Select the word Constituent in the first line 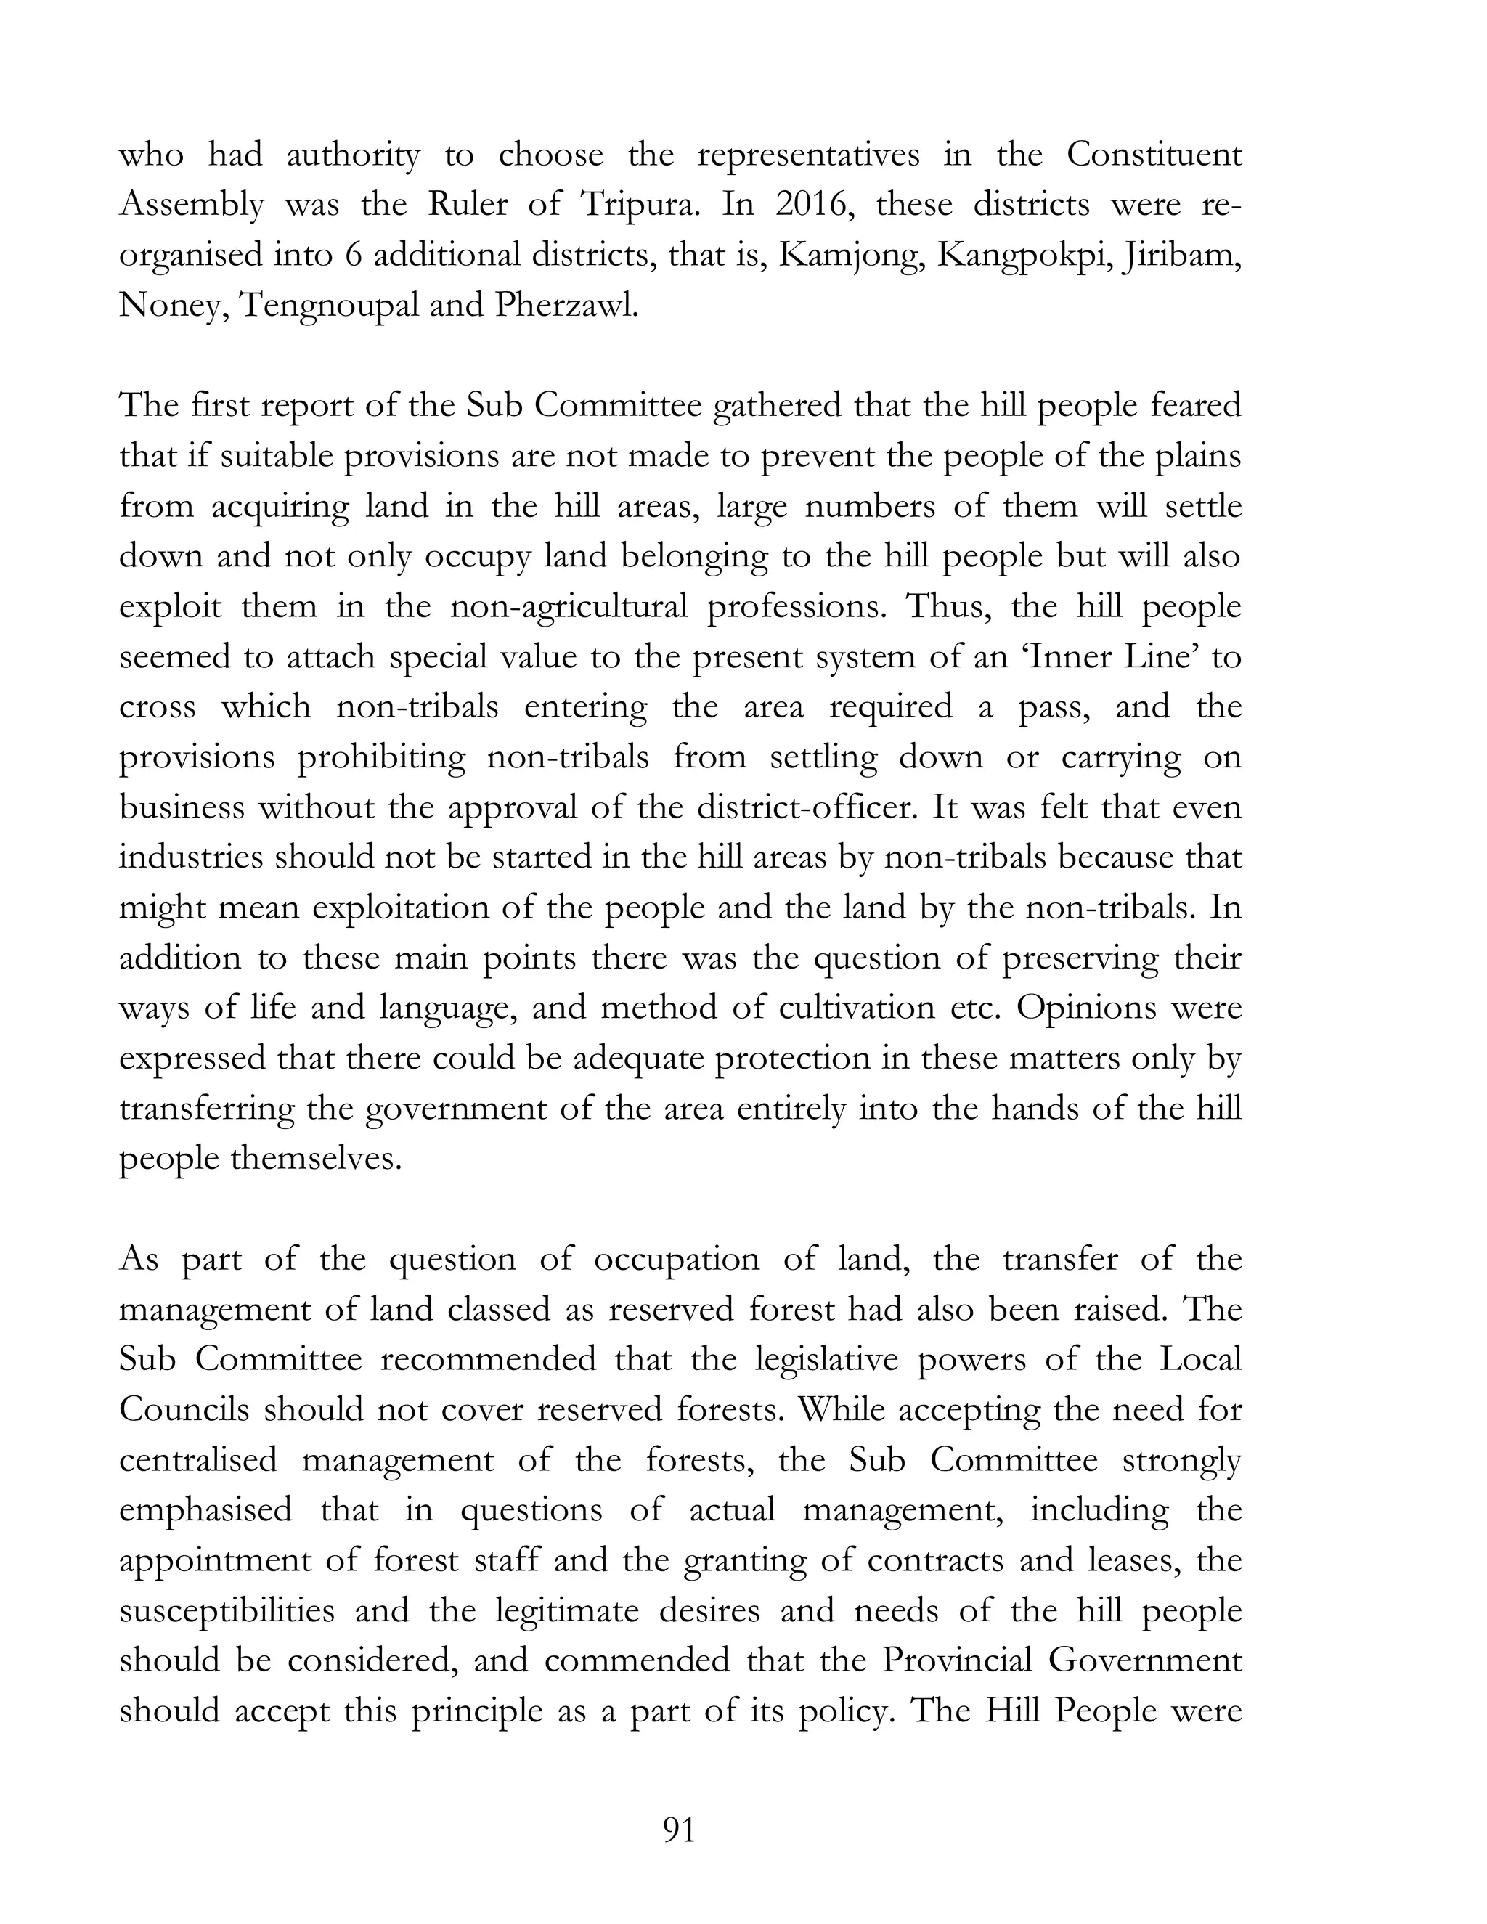[x=1154, y=155]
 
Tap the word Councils [x=184, y=1409]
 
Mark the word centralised [x=198, y=1460]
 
